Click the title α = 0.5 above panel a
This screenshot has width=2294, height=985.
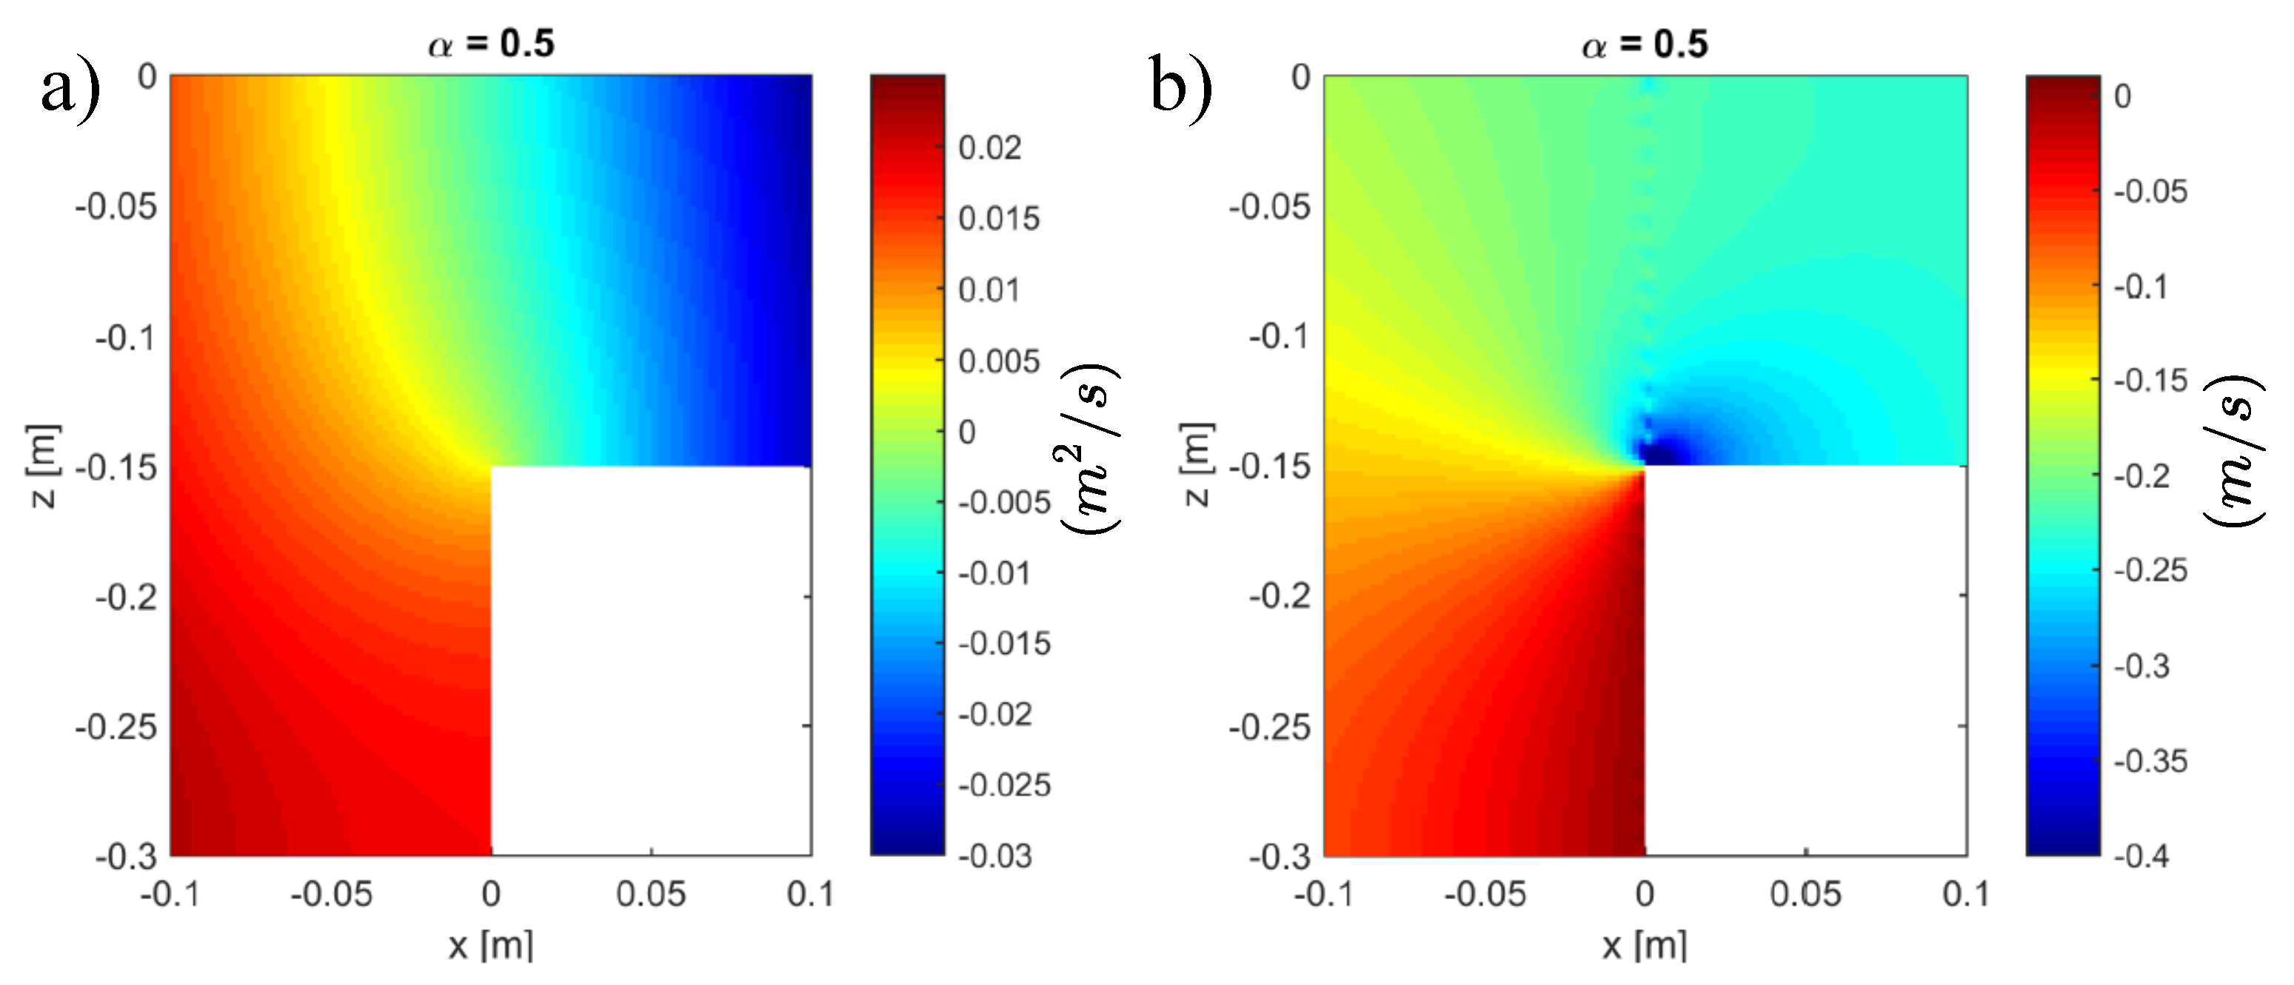[x=491, y=43]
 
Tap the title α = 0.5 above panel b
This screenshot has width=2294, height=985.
[x=1644, y=43]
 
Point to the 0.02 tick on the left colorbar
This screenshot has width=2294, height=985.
[x=989, y=148]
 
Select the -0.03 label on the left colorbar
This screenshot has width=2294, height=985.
[x=994, y=856]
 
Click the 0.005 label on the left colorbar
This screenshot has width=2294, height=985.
[x=998, y=361]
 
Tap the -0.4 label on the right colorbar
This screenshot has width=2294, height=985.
[x=2141, y=856]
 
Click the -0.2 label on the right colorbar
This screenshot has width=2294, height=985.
[x=2141, y=476]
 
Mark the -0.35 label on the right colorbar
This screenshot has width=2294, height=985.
[x=2150, y=761]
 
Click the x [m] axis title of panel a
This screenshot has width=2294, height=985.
[x=491, y=945]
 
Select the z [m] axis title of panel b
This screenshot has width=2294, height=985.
[x=1196, y=464]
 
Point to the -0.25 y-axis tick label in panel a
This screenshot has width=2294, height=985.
[x=116, y=727]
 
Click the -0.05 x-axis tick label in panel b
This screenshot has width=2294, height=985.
[x=1485, y=894]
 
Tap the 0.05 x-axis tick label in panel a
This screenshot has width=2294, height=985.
[x=651, y=894]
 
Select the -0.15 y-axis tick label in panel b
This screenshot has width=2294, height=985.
[x=1269, y=466]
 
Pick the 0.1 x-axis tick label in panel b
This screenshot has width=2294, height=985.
[x=1965, y=894]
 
